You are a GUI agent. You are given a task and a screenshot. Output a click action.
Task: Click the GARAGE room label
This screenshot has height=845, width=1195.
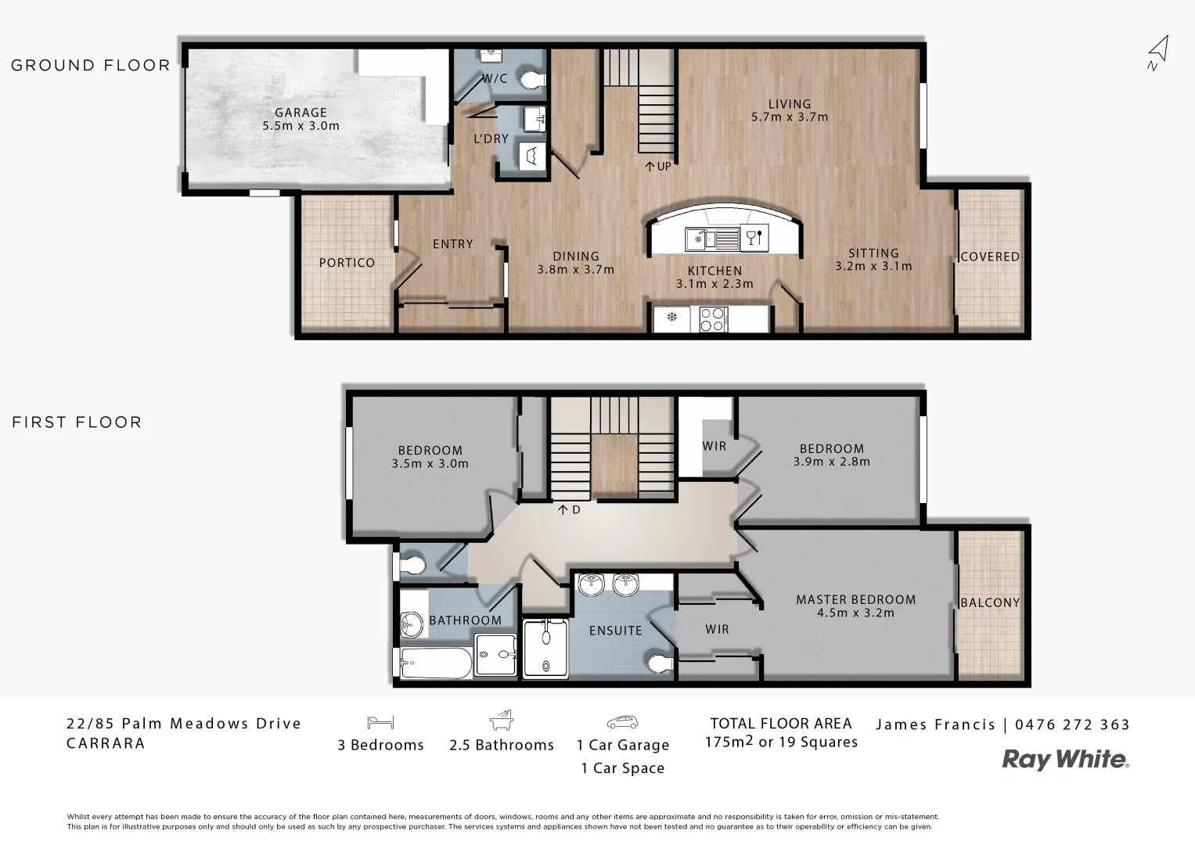tap(301, 113)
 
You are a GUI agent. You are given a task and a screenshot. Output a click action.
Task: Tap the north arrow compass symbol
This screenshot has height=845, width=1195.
tap(1157, 52)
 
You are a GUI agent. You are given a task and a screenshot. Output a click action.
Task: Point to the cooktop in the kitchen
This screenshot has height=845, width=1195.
tap(711, 318)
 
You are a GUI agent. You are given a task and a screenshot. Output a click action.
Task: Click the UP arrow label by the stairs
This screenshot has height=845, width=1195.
tap(657, 166)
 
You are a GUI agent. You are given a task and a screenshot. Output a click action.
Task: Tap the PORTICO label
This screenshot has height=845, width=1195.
tap(347, 263)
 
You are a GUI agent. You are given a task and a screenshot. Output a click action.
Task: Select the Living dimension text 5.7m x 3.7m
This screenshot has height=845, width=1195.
tap(789, 117)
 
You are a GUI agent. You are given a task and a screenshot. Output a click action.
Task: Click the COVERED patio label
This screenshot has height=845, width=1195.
tap(989, 257)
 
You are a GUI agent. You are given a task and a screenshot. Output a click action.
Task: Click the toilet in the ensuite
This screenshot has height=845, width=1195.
tap(661, 663)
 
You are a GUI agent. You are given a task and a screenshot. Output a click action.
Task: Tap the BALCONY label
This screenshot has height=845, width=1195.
tap(989, 602)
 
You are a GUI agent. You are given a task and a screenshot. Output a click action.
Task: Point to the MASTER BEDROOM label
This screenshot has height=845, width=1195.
tap(855, 599)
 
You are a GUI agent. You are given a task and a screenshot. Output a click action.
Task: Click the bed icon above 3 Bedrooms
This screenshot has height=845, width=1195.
tap(380, 722)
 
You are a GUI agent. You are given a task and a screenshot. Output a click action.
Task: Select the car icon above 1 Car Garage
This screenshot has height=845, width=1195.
tap(622, 722)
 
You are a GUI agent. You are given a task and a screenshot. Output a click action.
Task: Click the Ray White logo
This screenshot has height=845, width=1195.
tap(1065, 759)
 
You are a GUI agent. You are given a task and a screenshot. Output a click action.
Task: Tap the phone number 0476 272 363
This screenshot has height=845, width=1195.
tap(1072, 725)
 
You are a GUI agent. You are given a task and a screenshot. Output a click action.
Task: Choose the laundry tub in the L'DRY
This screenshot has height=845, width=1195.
tap(533, 156)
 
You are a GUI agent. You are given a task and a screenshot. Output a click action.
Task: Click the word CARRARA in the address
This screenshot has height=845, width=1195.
tap(106, 743)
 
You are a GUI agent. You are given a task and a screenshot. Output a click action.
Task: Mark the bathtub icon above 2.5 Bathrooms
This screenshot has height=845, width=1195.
tap(501, 721)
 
